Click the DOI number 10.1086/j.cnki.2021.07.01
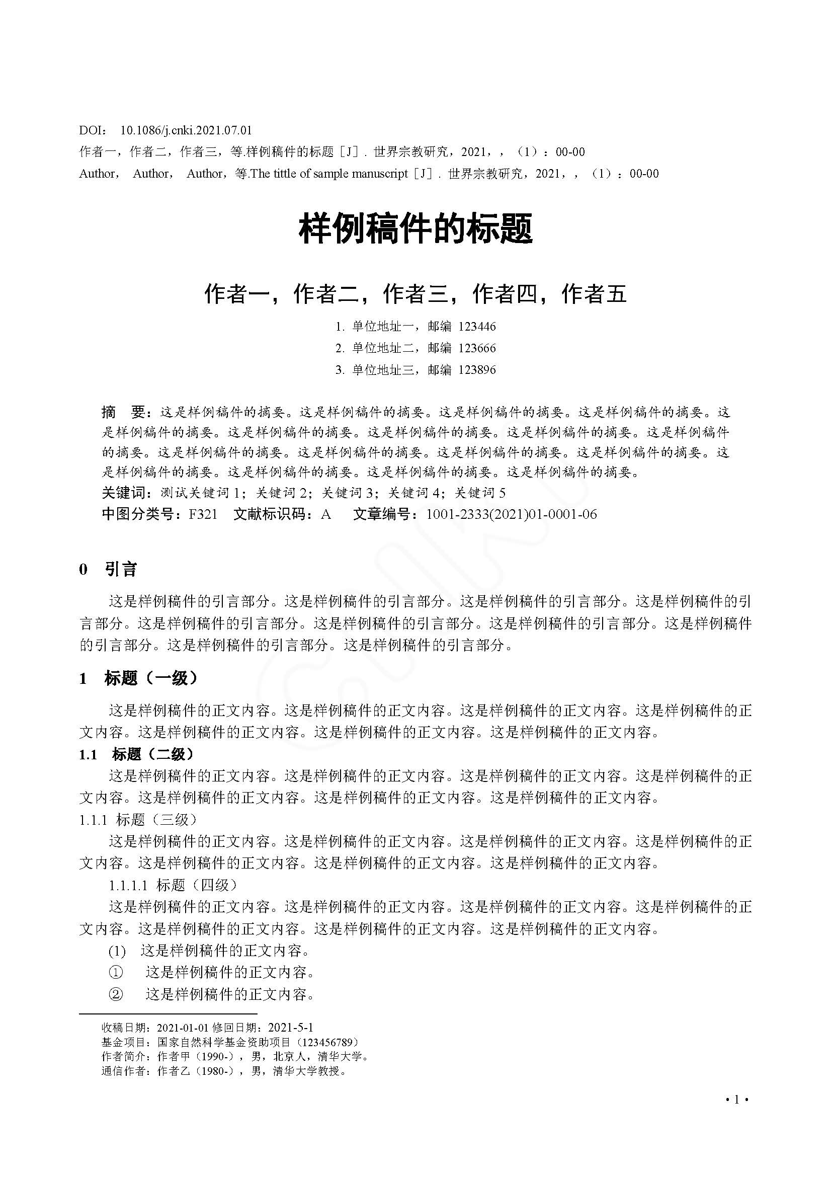(186, 131)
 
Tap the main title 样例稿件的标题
(415, 228)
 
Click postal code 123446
(477, 327)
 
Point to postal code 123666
(477, 348)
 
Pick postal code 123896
(477, 370)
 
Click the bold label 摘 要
(125, 412)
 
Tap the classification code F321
(203, 514)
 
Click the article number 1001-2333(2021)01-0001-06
(511, 514)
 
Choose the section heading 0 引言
(108, 569)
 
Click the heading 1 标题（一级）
(138, 678)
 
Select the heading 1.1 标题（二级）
(137, 754)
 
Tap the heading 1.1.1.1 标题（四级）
(173, 885)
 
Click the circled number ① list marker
(116, 972)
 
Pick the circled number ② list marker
(116, 994)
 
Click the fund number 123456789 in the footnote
(328, 1042)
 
